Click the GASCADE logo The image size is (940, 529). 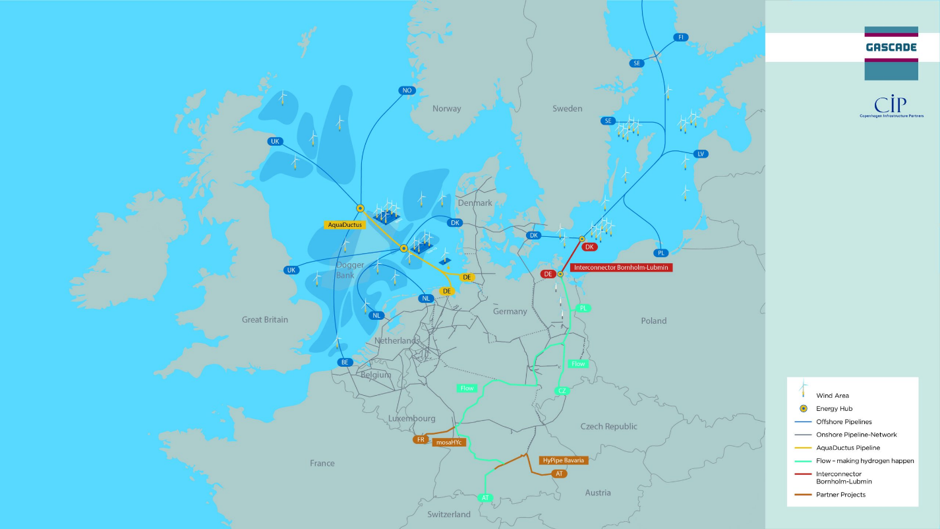tap(891, 47)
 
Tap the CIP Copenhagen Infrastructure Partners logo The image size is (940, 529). tap(891, 107)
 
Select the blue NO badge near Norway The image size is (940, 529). tap(407, 90)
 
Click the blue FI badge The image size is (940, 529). tap(680, 38)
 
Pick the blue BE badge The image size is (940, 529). tap(344, 362)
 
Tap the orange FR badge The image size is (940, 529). tap(421, 439)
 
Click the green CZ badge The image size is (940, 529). tap(562, 391)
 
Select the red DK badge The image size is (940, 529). tap(589, 247)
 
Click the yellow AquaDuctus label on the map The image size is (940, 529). tap(345, 225)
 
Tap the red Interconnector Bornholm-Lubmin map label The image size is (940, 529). tap(621, 268)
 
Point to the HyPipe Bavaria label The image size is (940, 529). tap(563, 460)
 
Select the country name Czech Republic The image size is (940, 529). tap(608, 426)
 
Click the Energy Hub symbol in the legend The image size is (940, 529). tap(803, 408)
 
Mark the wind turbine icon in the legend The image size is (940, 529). tap(803, 389)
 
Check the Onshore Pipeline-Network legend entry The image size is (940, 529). tap(856, 435)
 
